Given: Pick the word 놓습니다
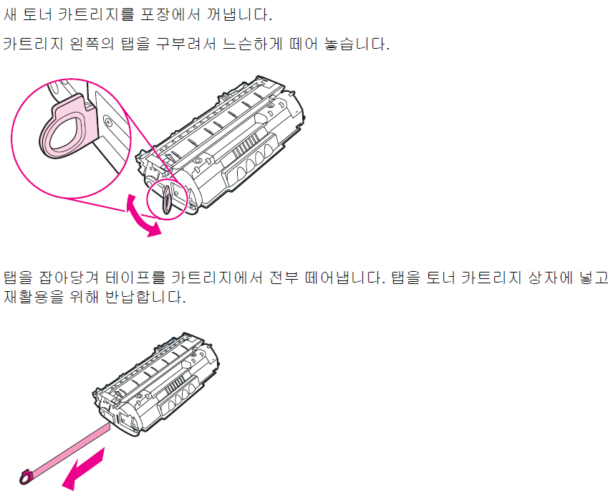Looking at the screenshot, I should point(355,44).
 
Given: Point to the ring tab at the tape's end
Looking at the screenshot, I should point(23,475).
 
